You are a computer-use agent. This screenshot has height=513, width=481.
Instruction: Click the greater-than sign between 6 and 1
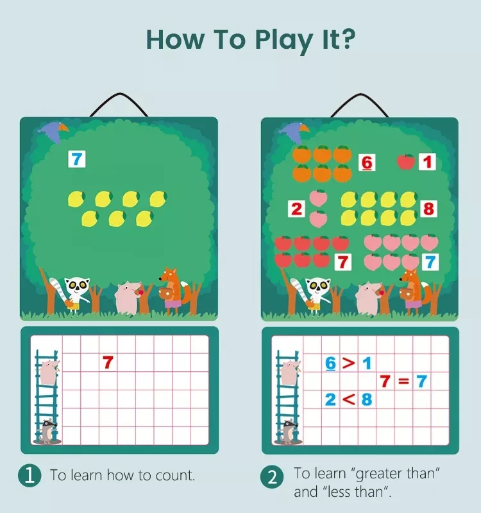348,363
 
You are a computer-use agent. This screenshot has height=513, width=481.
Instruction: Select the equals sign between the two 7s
403,381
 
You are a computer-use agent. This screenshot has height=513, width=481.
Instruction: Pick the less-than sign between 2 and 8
348,399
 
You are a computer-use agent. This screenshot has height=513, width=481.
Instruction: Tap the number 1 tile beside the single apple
428,161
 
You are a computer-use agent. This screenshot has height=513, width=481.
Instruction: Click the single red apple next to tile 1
405,161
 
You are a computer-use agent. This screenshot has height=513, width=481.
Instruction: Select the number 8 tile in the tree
428,209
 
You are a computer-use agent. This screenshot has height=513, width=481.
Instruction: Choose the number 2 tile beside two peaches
296,209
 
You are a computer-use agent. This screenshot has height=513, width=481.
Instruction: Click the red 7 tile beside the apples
343,262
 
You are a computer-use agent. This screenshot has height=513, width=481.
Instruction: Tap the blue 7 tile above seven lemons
77,159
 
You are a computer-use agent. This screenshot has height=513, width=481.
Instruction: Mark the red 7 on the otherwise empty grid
108,363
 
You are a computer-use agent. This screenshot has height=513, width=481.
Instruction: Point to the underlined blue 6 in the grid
330,363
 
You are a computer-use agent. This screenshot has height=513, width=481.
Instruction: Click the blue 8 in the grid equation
366,399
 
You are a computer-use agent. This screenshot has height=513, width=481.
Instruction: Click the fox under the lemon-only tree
172,290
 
